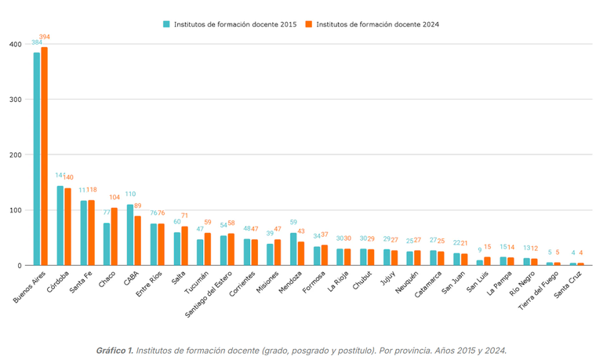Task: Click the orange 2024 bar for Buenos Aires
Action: pyautogui.click(x=45, y=156)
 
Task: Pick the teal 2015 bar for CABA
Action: pyautogui.click(x=130, y=235)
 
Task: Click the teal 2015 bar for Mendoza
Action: pyautogui.click(x=293, y=249)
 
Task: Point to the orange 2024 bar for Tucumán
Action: pyautogui.click(x=207, y=249)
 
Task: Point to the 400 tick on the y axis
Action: pyautogui.click(x=15, y=44)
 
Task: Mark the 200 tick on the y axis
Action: pyautogui.click(x=15, y=155)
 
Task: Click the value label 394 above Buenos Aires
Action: pyautogui.click(x=45, y=37)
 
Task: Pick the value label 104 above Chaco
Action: pyautogui.click(x=115, y=198)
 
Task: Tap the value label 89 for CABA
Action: pyautogui.click(x=138, y=205)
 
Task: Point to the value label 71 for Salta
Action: pyautogui.click(x=185, y=216)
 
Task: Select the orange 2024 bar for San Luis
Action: pyautogui.click(x=488, y=261)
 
